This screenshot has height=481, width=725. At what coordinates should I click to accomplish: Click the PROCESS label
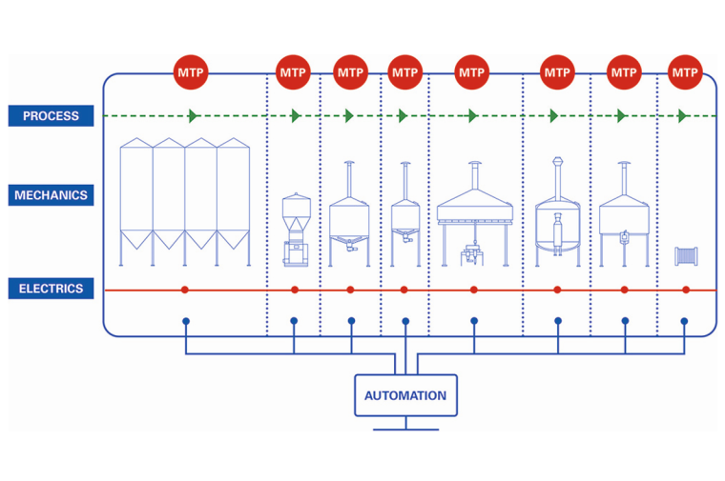pyautogui.click(x=51, y=116)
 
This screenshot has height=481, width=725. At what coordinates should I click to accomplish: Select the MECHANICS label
pyautogui.click(x=51, y=195)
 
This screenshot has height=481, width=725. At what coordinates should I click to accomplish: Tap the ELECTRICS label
pyautogui.click(x=51, y=289)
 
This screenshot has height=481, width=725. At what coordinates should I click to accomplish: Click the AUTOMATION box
pyautogui.click(x=405, y=395)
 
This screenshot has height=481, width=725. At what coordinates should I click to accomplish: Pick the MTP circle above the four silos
pyautogui.click(x=191, y=72)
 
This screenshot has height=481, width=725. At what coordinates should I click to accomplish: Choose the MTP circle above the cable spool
pyautogui.click(x=685, y=72)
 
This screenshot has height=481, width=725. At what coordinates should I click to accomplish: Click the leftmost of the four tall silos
pyautogui.click(x=135, y=200)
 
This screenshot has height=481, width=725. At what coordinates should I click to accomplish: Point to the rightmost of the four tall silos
pyautogui.click(x=233, y=200)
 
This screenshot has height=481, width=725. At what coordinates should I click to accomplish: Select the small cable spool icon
pyautogui.click(x=685, y=256)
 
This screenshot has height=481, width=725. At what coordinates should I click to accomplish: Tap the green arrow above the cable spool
pyautogui.click(x=683, y=116)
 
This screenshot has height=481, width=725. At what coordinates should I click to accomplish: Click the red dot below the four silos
pyautogui.click(x=185, y=290)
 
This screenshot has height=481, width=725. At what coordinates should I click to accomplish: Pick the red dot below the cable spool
pyautogui.click(x=686, y=290)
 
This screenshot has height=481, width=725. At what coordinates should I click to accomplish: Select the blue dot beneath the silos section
pyautogui.click(x=185, y=321)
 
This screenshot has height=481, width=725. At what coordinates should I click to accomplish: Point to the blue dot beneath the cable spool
pyautogui.click(x=684, y=321)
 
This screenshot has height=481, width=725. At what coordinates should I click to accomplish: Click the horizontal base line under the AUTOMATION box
pyautogui.click(x=405, y=429)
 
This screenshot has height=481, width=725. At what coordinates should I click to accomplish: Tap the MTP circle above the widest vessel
pyautogui.click(x=472, y=72)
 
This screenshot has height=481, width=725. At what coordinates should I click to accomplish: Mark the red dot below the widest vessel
pyautogui.click(x=474, y=290)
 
